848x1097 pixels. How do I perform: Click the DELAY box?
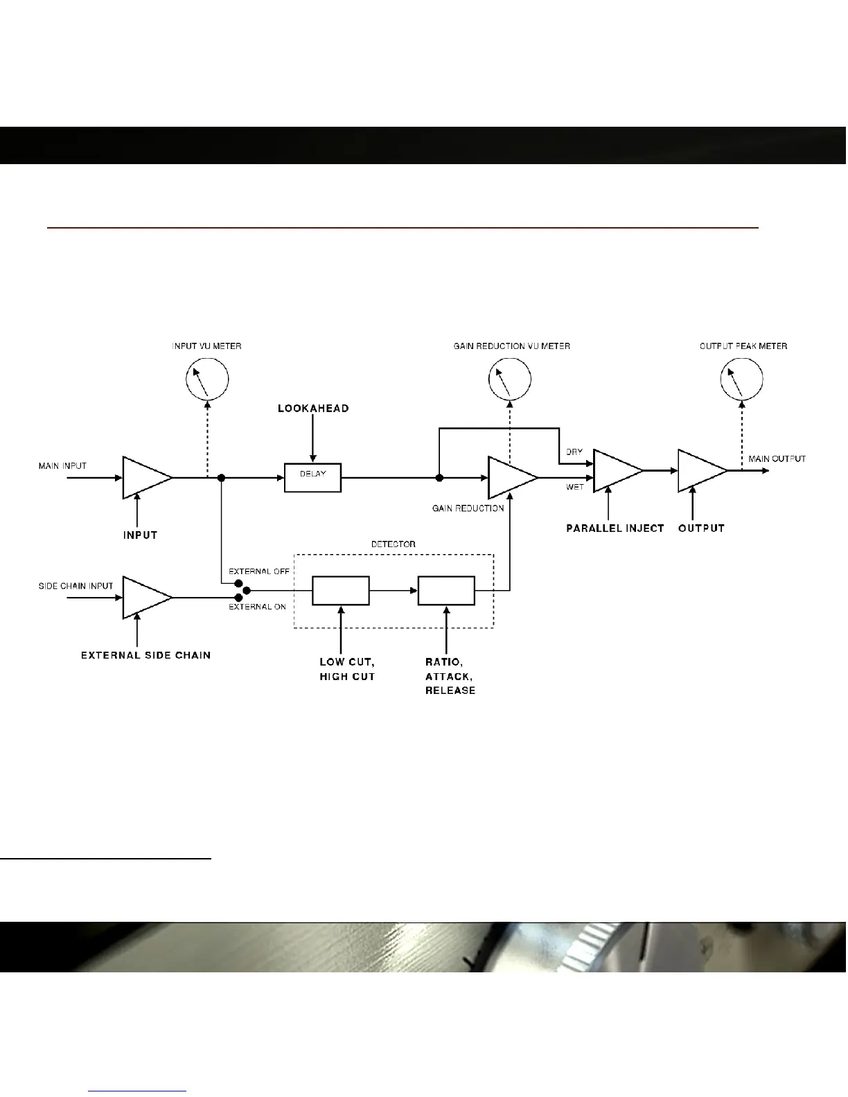click(312, 477)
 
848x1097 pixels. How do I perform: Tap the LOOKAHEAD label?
click(313, 409)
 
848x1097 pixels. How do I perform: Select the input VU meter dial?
click(207, 379)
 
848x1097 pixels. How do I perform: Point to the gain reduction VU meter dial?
click(510, 379)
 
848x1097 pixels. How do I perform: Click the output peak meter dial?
click(742, 379)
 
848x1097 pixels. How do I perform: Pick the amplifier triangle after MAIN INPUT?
click(144, 477)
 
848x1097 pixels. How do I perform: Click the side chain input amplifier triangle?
click(144, 597)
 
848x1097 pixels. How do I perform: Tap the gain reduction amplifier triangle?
click(510, 477)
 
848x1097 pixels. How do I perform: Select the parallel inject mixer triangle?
click(615, 471)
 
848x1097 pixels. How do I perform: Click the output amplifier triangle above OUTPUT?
click(700, 471)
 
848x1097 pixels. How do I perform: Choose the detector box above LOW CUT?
click(340, 591)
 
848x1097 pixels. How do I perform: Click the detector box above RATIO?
click(446, 591)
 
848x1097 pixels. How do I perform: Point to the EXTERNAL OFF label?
click(259, 571)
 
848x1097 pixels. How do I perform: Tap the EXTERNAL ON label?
click(258, 607)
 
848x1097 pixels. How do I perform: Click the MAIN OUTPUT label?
click(777, 459)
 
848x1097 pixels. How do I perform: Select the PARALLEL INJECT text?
click(615, 528)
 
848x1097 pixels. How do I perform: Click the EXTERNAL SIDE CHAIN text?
click(146, 655)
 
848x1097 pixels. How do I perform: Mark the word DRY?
click(574, 452)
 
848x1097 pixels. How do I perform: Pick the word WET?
click(575, 488)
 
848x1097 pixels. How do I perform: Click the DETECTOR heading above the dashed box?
click(393, 544)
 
